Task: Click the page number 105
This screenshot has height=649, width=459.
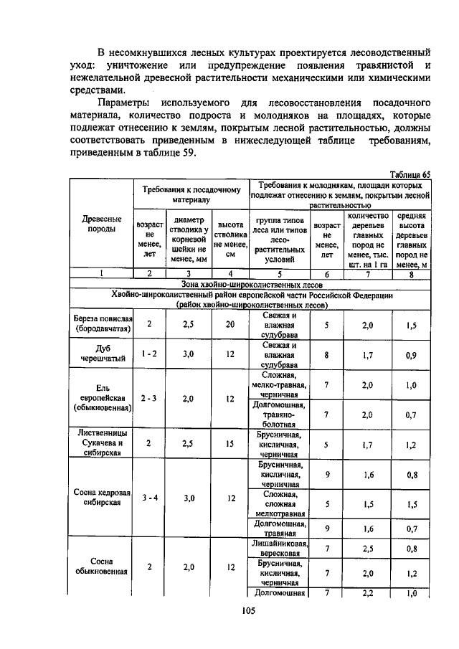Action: [x=249, y=610]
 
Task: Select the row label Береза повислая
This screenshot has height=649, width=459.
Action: [x=102, y=324]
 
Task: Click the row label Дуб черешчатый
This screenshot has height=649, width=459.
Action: [x=102, y=353]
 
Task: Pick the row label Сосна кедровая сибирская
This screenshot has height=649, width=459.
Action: [x=102, y=497]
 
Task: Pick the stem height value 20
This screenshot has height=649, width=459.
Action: [x=229, y=324]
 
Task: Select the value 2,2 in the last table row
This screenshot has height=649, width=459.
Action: [x=368, y=593]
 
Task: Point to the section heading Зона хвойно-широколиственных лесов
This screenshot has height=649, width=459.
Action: [x=250, y=283]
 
